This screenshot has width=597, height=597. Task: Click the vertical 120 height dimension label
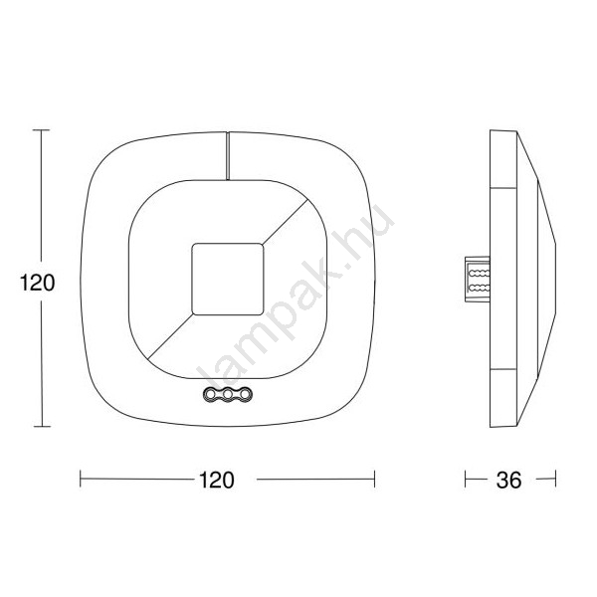[38, 283]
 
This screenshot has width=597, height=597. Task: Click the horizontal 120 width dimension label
[217, 480]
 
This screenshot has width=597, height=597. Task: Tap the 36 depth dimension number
[508, 481]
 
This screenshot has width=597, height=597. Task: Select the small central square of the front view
[228, 279]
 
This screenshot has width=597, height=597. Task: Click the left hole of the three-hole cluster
[210, 394]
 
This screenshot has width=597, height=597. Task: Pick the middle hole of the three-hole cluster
[228, 394]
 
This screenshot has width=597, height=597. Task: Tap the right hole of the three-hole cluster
[246, 394]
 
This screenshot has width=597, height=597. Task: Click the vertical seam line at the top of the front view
[228, 156]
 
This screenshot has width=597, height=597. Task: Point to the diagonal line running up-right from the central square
[285, 221]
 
